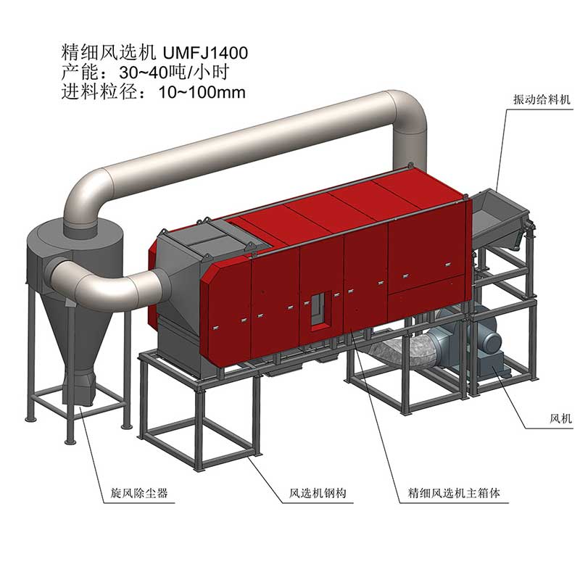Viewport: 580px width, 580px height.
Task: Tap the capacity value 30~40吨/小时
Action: click(149, 72)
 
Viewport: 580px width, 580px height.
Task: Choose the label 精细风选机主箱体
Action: click(450, 494)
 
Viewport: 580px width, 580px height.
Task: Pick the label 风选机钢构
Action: click(313, 494)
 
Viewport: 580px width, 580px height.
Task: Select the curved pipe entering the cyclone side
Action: click(101, 279)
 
